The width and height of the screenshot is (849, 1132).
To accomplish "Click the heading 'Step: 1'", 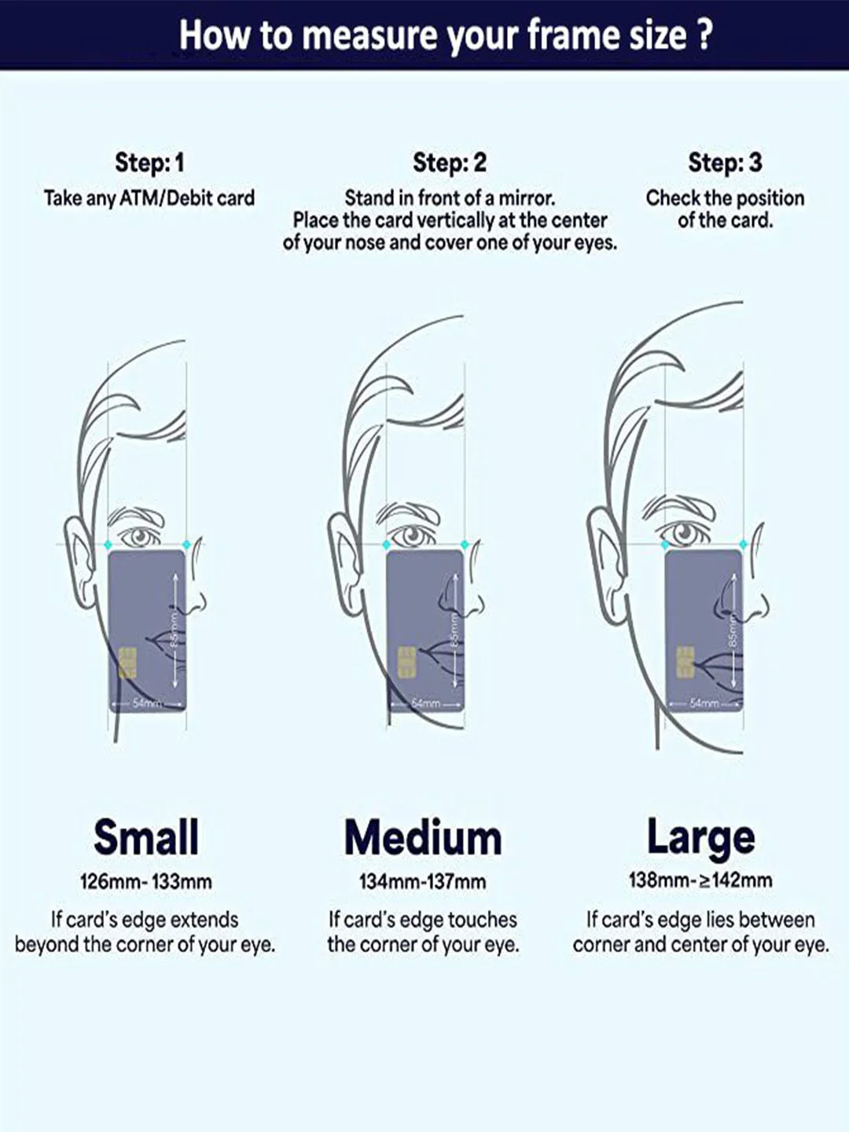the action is tap(149, 163).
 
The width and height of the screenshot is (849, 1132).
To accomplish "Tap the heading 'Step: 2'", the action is tap(450, 163).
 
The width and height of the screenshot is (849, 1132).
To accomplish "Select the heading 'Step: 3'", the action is tap(725, 163).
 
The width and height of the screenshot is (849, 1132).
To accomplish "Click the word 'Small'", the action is tap(146, 837).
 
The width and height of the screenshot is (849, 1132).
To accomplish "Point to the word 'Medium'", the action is tap(423, 838).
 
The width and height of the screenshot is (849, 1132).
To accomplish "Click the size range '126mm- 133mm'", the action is tap(146, 882).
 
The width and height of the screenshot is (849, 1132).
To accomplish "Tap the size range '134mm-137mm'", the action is tap(423, 882).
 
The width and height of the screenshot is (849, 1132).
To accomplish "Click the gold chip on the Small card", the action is tap(127, 663).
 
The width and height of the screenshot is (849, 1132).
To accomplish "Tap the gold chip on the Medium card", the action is tap(406, 663).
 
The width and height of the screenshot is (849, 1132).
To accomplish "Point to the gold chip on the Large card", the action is tap(685, 662).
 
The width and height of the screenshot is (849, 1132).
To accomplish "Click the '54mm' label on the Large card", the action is tap(701, 703).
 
